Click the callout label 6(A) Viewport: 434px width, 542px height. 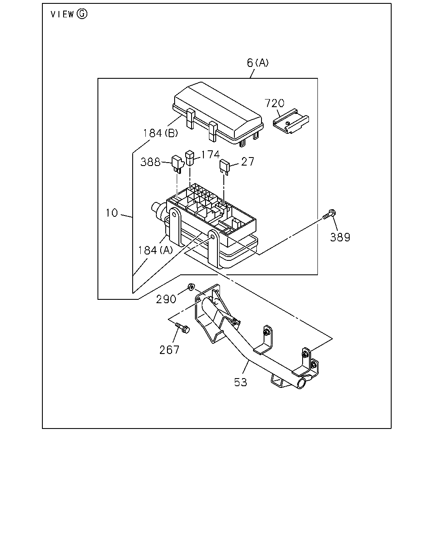[x=257, y=63]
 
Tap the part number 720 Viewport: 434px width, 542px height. [x=274, y=103]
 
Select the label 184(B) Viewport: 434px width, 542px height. [x=161, y=133]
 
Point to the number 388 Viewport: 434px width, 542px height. [x=150, y=162]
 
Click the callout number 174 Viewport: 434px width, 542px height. [x=211, y=155]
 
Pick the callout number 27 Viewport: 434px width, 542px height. [x=248, y=162]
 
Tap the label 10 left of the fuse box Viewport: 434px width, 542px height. [x=112, y=213]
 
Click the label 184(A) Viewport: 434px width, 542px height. [x=156, y=250]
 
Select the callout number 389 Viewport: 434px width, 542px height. [x=340, y=237]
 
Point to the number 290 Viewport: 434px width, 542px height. [x=166, y=299]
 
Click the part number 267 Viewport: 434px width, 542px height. [x=169, y=350]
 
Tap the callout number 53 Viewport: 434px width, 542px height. [x=241, y=382]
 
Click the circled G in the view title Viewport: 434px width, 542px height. [x=82, y=14]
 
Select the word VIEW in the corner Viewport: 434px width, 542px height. [x=62, y=14]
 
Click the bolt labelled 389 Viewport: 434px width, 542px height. [x=329, y=214]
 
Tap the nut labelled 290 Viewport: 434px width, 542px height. [x=191, y=286]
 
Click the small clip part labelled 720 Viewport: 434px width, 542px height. [x=291, y=121]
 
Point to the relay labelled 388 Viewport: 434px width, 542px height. [x=178, y=164]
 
